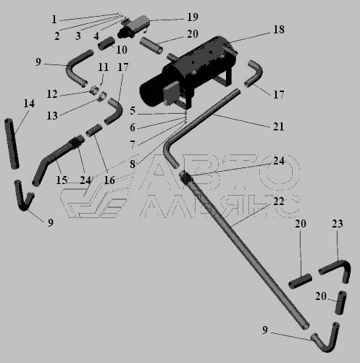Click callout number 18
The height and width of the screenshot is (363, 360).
(279, 30)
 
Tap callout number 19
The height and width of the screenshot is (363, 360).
(193, 17)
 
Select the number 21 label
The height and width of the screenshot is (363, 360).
(278, 126)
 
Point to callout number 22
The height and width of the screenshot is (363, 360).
(278, 201)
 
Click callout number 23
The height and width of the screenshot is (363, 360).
(338, 224)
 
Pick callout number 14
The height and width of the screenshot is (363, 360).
(29, 104)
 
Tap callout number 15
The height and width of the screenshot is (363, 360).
(62, 180)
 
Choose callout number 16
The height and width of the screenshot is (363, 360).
(109, 180)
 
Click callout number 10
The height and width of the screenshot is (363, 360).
(122, 50)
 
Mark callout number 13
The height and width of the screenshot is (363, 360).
(52, 116)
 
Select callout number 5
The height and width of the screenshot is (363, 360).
(133, 111)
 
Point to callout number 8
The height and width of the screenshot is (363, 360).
(133, 164)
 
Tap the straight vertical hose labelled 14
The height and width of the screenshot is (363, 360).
(12, 143)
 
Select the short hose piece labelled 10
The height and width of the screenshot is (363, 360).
(106, 43)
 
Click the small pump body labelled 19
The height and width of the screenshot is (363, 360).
(134, 26)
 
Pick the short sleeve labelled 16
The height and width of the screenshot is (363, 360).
(94, 130)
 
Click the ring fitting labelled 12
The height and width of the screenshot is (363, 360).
(94, 91)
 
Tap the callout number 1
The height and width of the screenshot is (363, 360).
(54, 20)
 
